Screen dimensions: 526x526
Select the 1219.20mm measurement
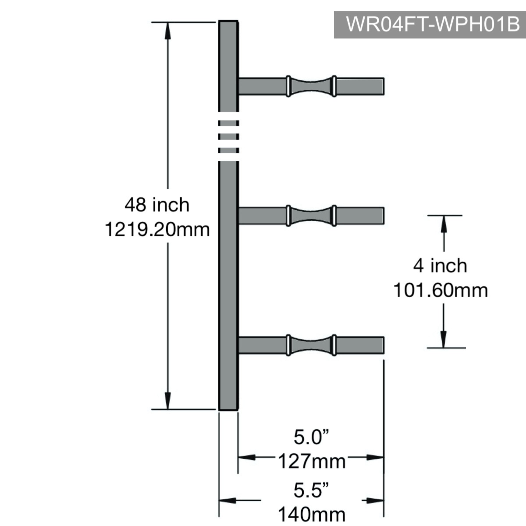point(157,229)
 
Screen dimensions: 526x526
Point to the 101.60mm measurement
point(441,290)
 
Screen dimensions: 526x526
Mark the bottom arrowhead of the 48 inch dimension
point(168,401)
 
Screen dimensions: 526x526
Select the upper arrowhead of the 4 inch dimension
point(444,224)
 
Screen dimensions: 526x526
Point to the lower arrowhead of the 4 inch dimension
point(444,339)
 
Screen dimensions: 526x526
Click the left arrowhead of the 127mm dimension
point(247,457)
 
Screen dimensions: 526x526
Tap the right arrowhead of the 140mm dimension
point(375,500)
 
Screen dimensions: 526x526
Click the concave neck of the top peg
point(311,86)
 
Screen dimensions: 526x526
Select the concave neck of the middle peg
point(311,216)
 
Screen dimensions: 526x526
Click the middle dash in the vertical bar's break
point(228,136)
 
